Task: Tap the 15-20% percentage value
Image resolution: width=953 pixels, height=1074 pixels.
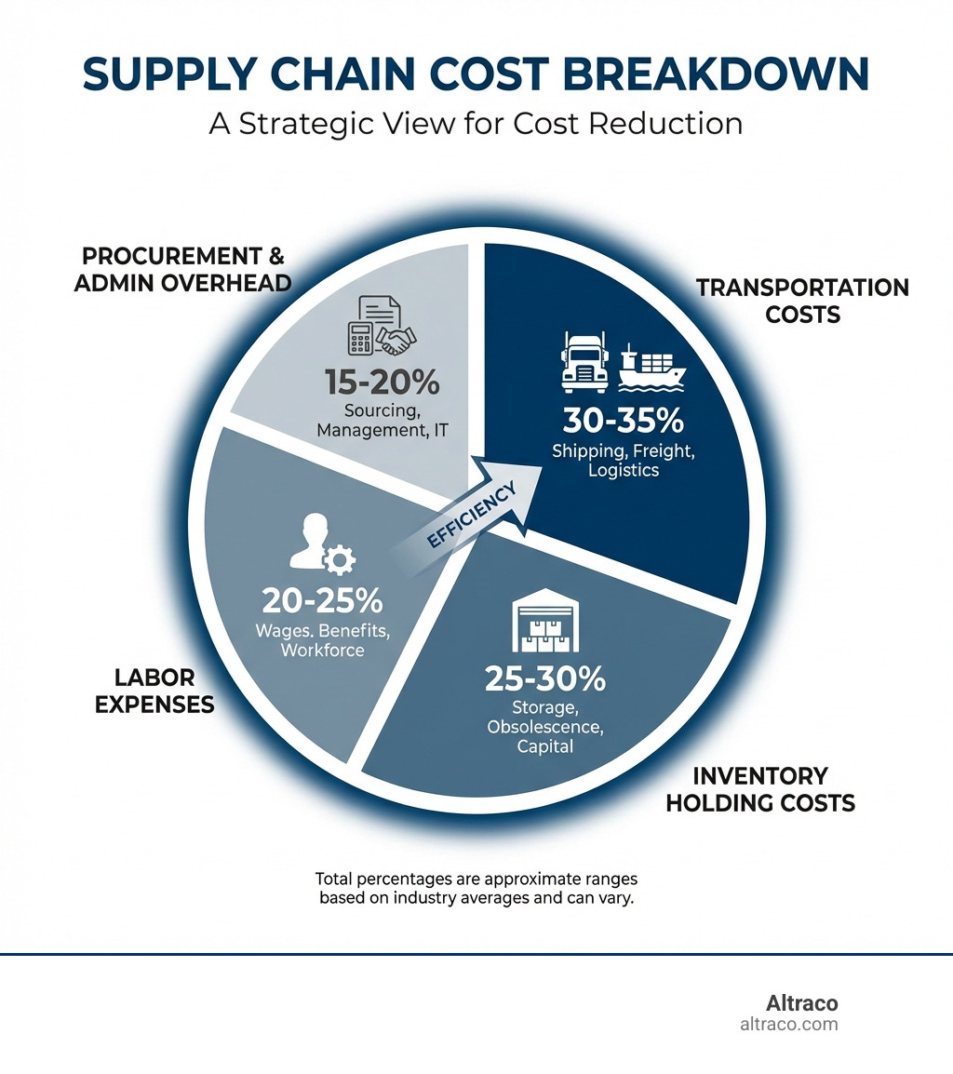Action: [382, 383]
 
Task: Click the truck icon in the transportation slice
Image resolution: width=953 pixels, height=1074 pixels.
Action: [584, 362]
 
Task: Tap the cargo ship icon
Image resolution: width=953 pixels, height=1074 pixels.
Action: [651, 366]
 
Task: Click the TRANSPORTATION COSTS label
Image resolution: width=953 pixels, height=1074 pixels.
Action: [802, 301]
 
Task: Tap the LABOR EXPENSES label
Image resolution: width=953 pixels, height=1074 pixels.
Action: [164, 690]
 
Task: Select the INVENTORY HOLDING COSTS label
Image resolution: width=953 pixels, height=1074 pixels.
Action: [760, 788]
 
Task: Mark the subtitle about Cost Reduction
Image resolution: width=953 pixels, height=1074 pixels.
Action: [476, 124]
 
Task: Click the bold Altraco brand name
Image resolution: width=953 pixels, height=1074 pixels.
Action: [801, 1003]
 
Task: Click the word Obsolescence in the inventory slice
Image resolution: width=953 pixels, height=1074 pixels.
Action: [545, 726]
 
